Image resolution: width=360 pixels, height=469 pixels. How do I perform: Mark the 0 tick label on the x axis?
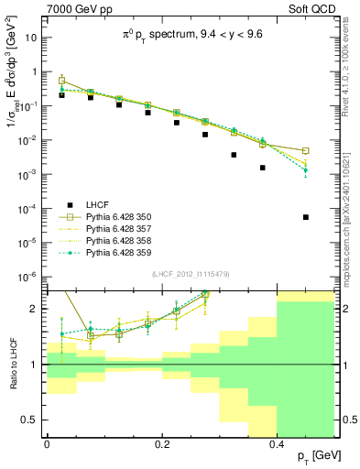tap(47, 444)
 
